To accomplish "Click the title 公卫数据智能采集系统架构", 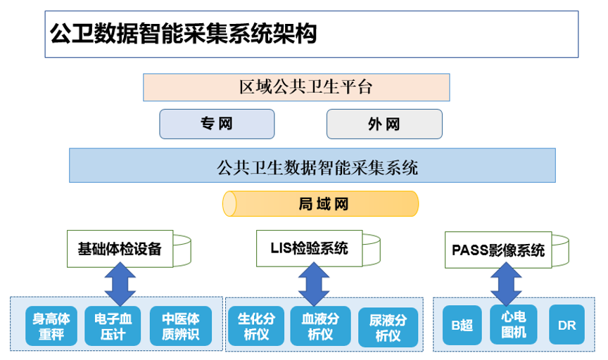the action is point(184,33).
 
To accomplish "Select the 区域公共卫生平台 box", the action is point(296,87).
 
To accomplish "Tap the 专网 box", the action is point(217,124).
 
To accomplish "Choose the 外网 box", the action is point(384,124).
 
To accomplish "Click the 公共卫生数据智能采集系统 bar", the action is point(312,165).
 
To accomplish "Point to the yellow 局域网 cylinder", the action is point(320,203).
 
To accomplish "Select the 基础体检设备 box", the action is point(120,249).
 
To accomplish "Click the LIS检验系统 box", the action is point(309,248).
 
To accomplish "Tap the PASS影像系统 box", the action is point(498,250).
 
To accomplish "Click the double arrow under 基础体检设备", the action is point(120,284).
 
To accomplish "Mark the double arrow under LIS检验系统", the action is point(314,284).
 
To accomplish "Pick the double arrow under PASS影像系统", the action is point(506,284).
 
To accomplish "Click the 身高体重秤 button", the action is point(51,326).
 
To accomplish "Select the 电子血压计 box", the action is point(113,326).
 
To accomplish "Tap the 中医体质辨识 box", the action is point(181,326).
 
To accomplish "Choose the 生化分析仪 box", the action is point(256,326).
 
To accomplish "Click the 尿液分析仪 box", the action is point(388,328).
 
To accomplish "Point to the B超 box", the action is point(462,325).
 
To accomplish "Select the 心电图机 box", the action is point(514,324).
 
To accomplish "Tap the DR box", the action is point(567,325).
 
